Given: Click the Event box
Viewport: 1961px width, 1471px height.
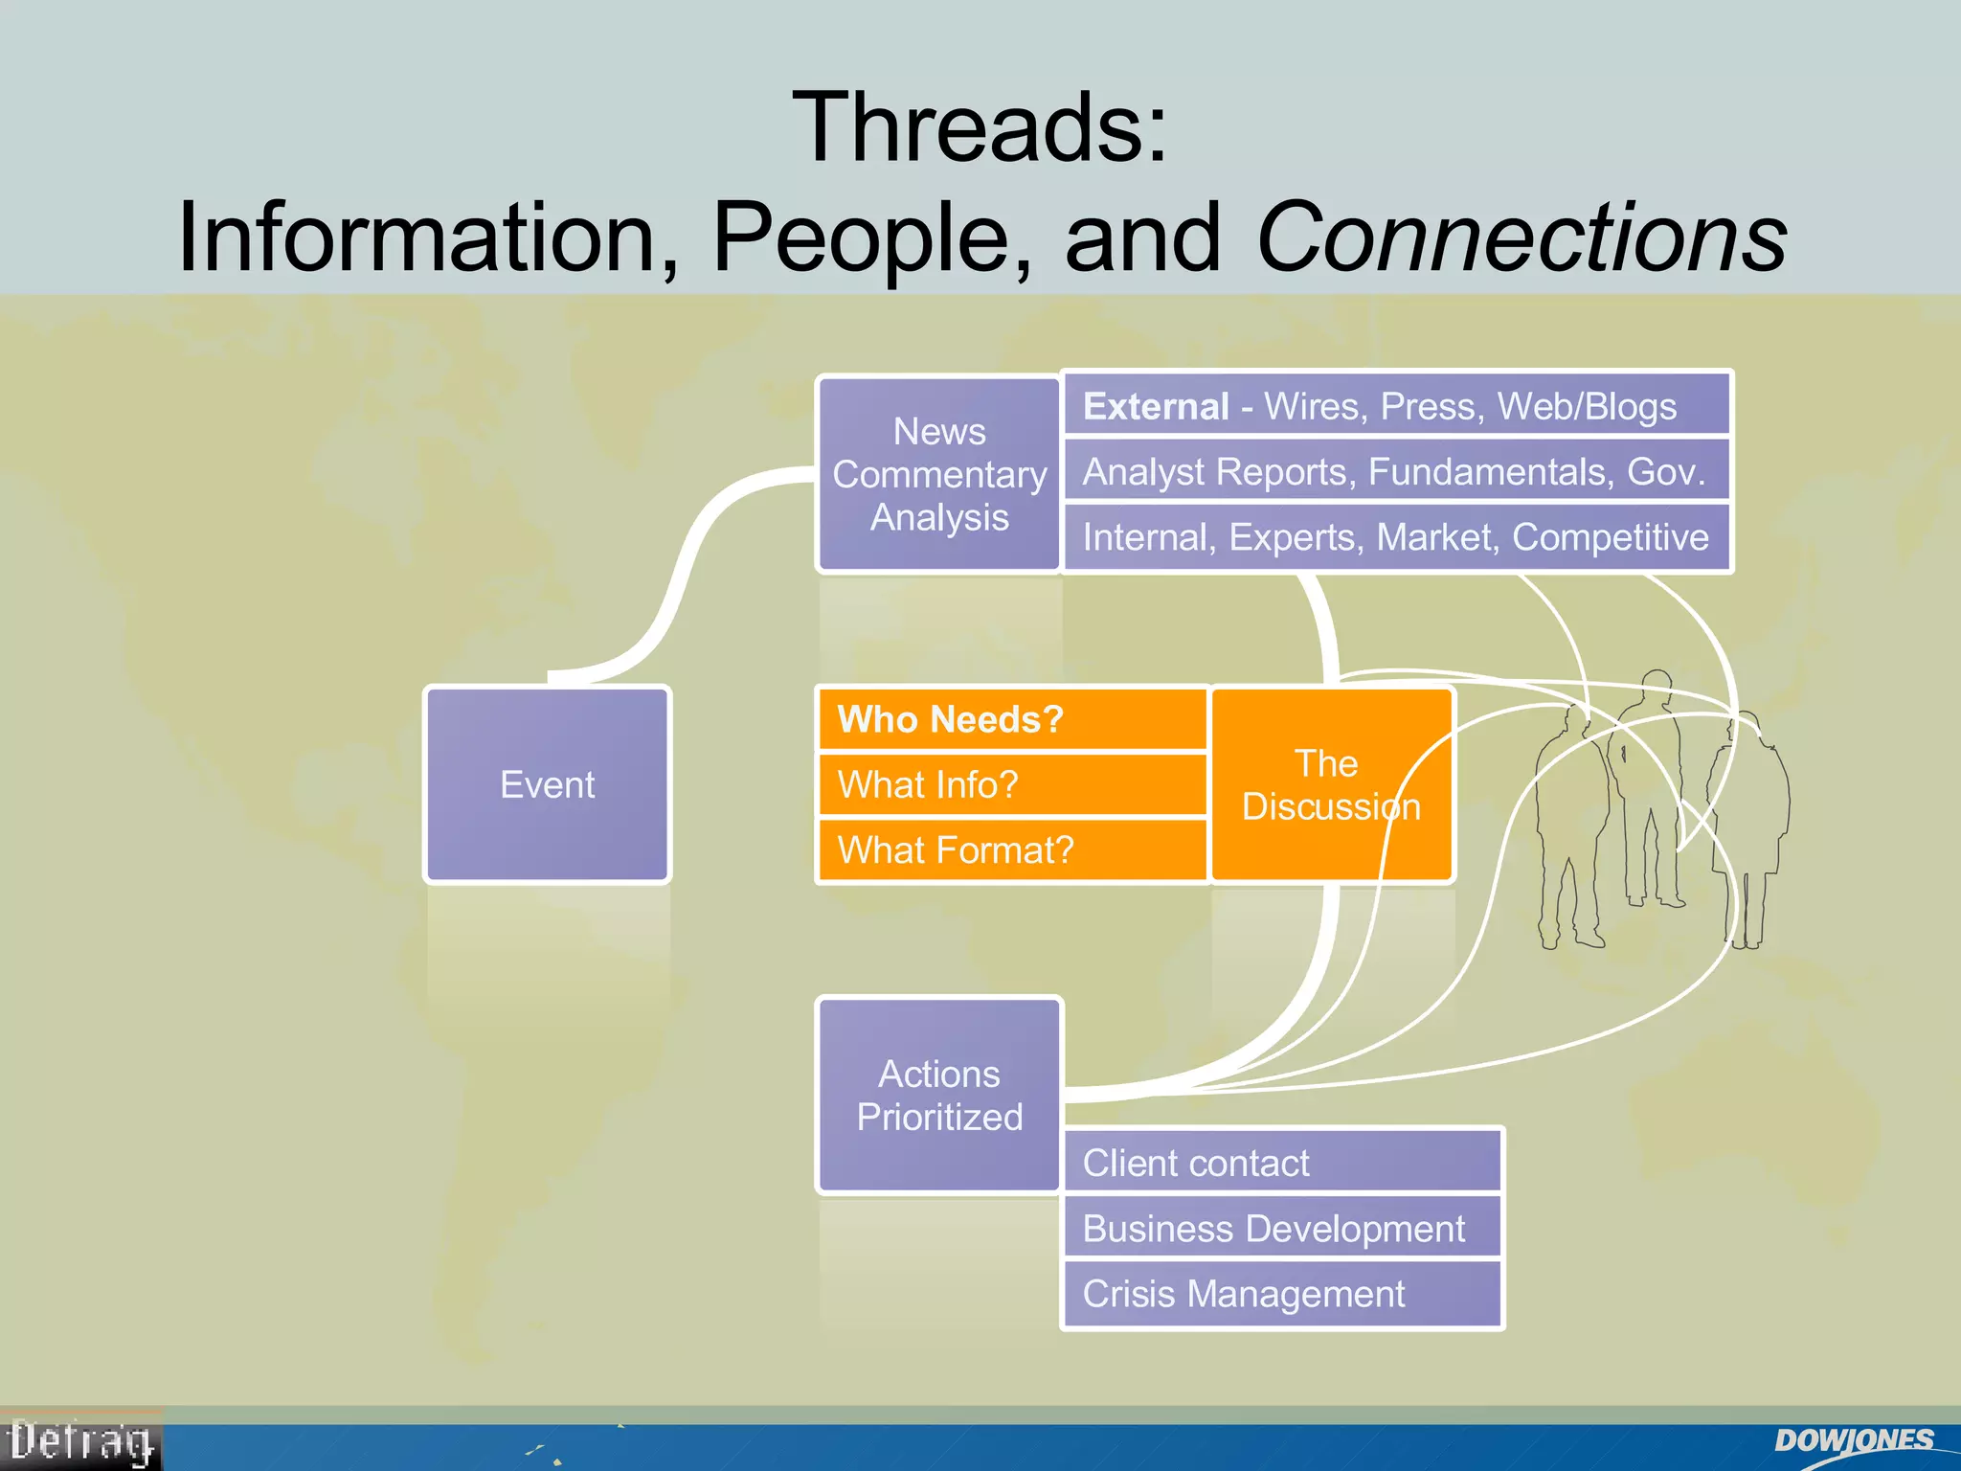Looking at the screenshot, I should tap(547, 784).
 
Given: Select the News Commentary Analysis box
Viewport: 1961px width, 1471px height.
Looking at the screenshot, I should tap(938, 474).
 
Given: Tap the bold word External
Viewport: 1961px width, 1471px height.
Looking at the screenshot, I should tap(1156, 406).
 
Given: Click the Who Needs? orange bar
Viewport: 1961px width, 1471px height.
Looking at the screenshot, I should tap(1011, 719).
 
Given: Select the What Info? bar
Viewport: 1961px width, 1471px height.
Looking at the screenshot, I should tap(1011, 784).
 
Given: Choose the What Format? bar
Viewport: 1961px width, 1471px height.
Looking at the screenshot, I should tap(1011, 849).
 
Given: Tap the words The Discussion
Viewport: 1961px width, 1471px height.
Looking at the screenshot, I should tap(1330, 784).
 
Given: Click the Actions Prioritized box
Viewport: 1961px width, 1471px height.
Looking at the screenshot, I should tap(938, 1095).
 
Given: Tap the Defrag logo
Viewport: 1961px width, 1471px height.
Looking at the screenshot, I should tap(80, 1442).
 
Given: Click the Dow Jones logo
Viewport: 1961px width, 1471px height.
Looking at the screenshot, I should tap(1853, 1441).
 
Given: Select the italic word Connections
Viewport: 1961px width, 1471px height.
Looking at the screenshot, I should tap(1521, 237).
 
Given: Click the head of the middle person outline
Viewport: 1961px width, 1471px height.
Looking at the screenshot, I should tap(1657, 685).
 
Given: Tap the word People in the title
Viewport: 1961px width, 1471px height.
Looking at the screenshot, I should tap(871, 237).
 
